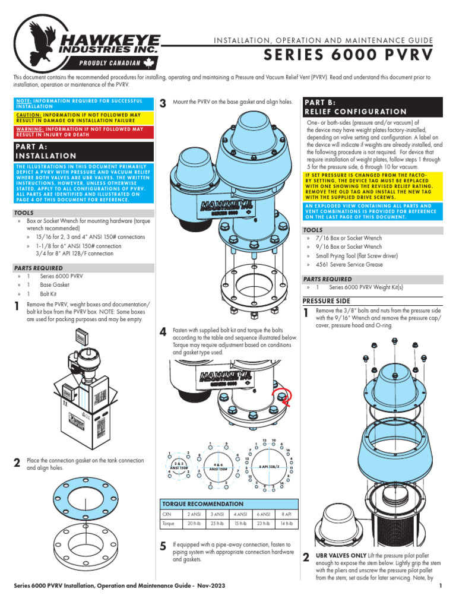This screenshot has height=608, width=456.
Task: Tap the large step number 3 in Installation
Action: point(163,104)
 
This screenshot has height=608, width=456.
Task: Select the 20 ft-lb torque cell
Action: point(194,524)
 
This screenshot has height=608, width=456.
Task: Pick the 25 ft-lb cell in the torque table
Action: point(218,524)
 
